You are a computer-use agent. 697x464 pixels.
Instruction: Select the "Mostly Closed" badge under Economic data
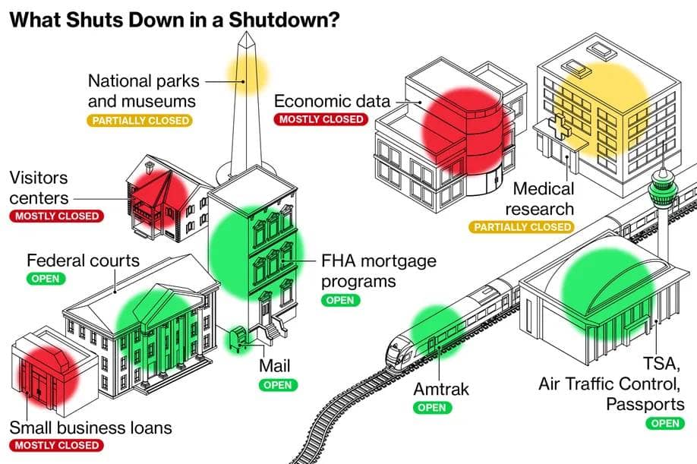tap(322, 119)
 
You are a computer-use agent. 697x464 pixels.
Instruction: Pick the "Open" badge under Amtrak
tap(432, 408)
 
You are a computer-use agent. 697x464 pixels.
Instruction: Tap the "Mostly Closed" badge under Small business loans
tap(55, 445)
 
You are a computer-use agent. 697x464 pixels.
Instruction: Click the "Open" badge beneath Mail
tap(277, 384)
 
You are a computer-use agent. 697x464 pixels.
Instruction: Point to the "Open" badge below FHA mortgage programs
tap(339, 300)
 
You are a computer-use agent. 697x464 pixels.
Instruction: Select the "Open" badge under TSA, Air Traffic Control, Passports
tap(664, 424)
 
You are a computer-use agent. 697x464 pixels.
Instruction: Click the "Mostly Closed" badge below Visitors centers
tap(55, 216)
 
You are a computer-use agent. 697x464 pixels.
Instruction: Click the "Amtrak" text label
tap(441, 390)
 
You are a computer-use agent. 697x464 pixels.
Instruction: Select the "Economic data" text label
tap(332, 101)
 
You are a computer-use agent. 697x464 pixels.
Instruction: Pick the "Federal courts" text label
tap(84, 260)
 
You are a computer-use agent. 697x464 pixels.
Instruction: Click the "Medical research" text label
tap(544, 198)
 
